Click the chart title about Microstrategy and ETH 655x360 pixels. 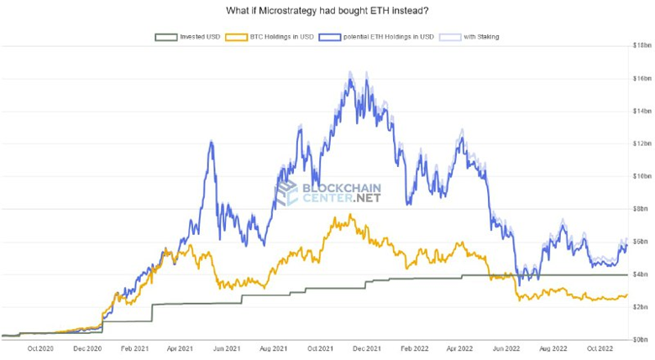pyautogui.click(x=327, y=11)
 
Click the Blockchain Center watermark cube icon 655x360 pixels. pyautogui.click(x=288, y=193)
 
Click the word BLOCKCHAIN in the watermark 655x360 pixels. pyautogui.click(x=340, y=188)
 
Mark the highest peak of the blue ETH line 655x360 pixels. pyautogui.click(x=348, y=74)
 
